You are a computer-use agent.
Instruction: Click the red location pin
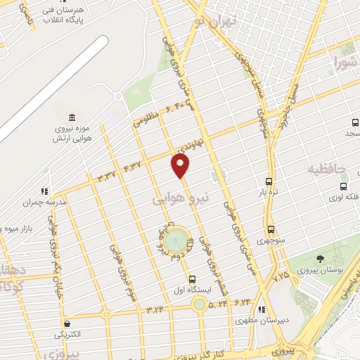pyautogui.click(x=181, y=165)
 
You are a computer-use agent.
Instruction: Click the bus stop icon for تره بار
pyautogui.click(x=270, y=180)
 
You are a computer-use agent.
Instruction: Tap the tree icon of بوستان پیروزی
pyautogui.click(x=321, y=259)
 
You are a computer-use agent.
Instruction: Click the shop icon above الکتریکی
pyautogui.click(x=67, y=324)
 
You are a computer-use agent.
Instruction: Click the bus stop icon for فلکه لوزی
pyautogui.click(x=343, y=187)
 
